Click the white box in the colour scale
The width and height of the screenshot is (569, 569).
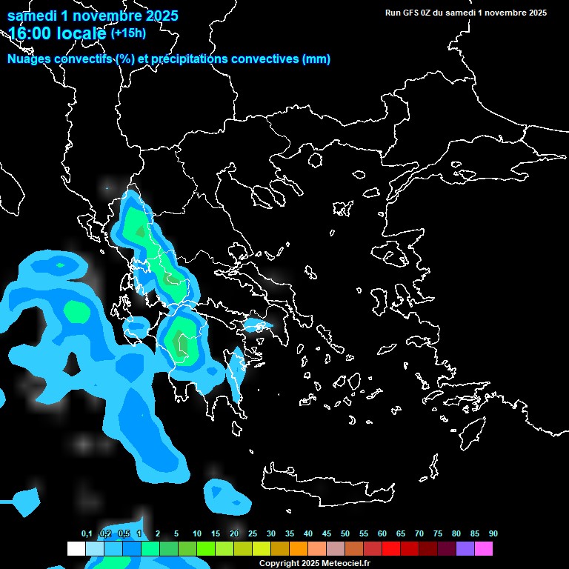click(76, 548)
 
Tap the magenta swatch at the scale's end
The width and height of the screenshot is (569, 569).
click(484, 548)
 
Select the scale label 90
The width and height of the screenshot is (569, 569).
click(493, 534)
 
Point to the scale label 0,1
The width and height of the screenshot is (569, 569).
click(87, 534)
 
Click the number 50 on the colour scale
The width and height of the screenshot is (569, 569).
click(345, 534)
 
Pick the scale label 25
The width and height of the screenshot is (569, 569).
click(253, 534)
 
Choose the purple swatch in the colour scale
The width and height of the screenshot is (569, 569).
click(465, 548)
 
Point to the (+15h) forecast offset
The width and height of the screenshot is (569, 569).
click(128, 33)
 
